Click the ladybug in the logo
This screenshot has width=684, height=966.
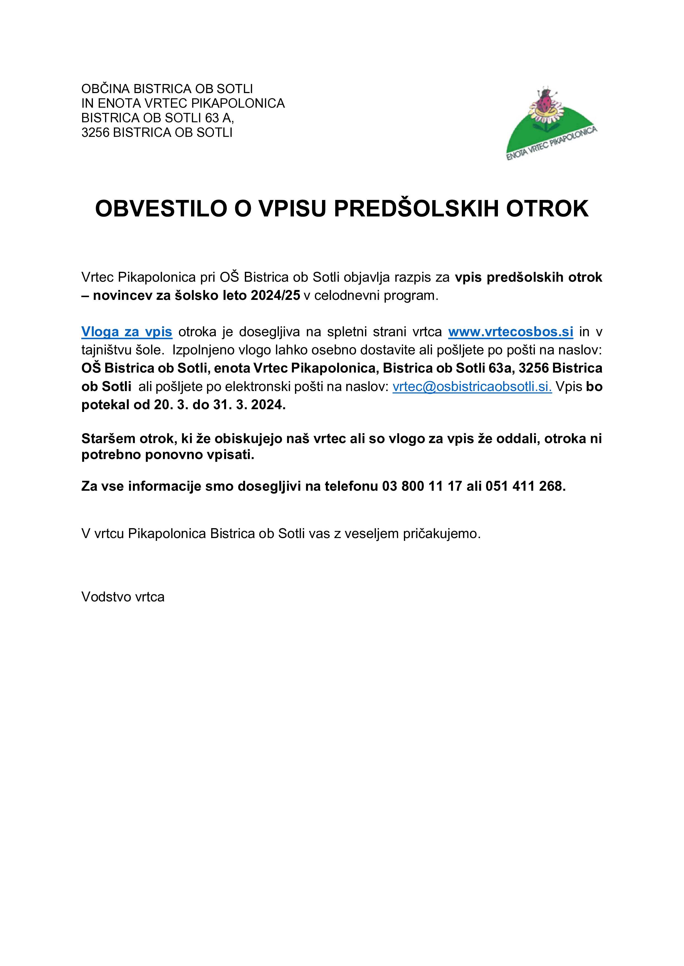click(x=546, y=101)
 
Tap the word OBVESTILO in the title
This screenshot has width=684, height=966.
click(x=161, y=209)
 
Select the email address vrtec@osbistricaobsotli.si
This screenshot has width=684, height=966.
click(x=472, y=387)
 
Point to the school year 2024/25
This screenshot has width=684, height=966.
click(x=275, y=295)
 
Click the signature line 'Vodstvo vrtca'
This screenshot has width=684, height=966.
click(x=123, y=597)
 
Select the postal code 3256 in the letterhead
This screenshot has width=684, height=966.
click(x=95, y=132)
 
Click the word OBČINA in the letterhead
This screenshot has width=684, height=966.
click(x=105, y=89)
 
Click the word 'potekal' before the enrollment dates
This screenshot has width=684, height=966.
click(x=104, y=405)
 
